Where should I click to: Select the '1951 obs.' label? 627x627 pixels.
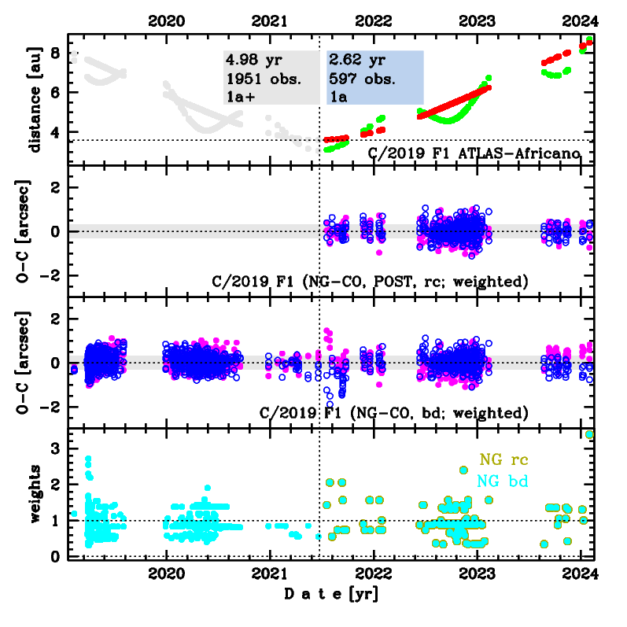click(x=257, y=78)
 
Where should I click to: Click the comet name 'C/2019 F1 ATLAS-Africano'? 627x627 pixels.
click(x=474, y=152)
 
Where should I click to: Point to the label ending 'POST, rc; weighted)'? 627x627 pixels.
click(x=370, y=281)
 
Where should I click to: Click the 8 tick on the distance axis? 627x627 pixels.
click(x=54, y=53)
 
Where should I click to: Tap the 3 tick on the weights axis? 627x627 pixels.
click(x=54, y=448)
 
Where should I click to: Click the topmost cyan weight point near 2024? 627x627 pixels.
click(x=589, y=434)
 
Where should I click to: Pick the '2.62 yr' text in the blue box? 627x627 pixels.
click(x=352, y=60)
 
